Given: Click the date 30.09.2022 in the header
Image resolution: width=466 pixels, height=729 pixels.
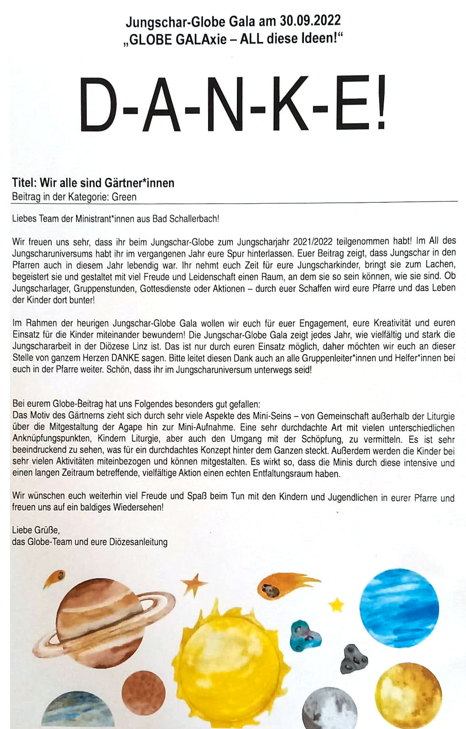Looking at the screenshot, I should [x=310, y=21].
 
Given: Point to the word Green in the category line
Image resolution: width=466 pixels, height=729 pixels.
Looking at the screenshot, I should [x=124, y=197].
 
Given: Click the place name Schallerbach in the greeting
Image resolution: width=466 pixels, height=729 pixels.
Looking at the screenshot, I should [x=194, y=219].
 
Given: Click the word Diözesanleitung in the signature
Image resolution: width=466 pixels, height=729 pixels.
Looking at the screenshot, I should [x=138, y=542].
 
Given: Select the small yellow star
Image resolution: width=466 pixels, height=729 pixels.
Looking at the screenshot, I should [x=337, y=605].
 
